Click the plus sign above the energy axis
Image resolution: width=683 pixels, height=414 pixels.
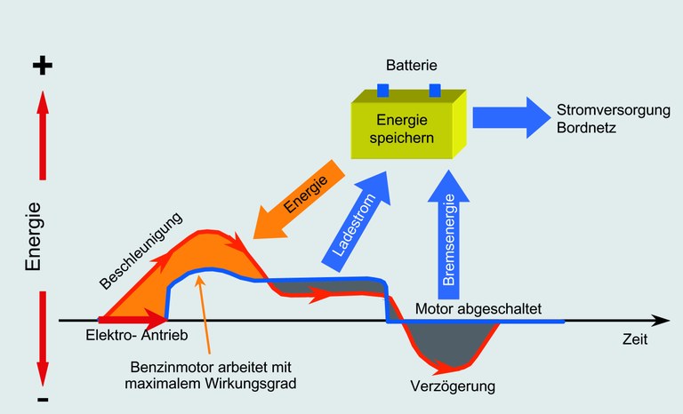coord(43,67)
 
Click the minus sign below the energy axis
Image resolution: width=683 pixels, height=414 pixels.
coord(43,402)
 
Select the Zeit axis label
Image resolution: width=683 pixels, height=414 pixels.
coord(635,339)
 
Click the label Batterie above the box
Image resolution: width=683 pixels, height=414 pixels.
coord(410,67)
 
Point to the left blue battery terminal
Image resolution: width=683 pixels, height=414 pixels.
coord(383,90)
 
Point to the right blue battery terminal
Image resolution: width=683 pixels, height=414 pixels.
coord(435,90)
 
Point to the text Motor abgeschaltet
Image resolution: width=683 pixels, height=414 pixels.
coord(478,309)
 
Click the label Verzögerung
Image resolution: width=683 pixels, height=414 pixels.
coord(452,386)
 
